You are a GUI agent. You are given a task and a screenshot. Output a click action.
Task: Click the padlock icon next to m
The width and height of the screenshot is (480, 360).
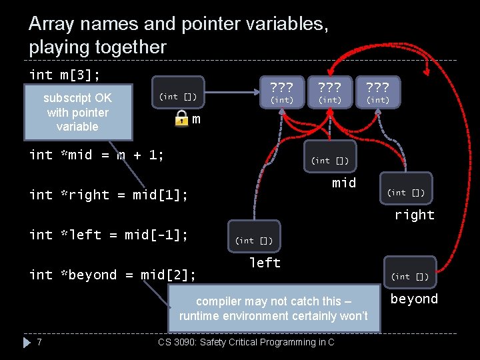click(x=181, y=119)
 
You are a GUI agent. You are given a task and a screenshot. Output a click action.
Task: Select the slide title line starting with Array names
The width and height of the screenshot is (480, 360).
click(x=178, y=25)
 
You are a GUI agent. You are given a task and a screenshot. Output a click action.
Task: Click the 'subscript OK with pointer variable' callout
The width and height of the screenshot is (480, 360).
click(x=77, y=112)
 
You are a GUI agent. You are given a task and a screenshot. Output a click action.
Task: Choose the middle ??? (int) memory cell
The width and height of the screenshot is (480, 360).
click(x=330, y=93)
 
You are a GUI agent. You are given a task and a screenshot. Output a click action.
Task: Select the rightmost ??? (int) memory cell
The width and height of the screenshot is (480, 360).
click(x=378, y=93)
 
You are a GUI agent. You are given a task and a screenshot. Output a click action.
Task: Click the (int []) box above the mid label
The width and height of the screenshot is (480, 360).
click(x=329, y=160)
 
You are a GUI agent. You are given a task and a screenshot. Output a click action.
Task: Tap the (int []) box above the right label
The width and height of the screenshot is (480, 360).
click(x=407, y=193)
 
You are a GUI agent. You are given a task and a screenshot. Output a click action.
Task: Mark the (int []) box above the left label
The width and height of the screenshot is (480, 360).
click(x=253, y=240)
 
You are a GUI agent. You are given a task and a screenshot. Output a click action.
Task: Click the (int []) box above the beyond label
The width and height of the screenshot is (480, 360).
click(x=409, y=275)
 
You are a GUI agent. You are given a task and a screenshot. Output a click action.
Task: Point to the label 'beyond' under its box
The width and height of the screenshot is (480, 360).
click(x=414, y=299)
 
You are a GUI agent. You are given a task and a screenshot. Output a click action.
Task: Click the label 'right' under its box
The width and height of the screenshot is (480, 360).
click(x=414, y=215)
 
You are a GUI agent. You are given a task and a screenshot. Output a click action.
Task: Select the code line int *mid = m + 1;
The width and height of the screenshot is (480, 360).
click(x=97, y=155)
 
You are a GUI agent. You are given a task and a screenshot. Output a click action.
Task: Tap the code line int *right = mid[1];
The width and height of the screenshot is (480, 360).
click(x=108, y=195)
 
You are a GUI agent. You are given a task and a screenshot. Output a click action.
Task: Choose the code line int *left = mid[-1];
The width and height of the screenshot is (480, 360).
click(x=108, y=235)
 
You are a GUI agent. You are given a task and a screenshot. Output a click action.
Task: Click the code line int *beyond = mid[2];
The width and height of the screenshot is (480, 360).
click(x=112, y=275)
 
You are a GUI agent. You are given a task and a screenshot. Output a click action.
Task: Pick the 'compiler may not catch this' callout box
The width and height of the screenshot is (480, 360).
click(x=273, y=308)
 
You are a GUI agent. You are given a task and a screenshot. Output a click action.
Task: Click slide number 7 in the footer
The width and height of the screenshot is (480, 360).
click(x=40, y=342)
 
